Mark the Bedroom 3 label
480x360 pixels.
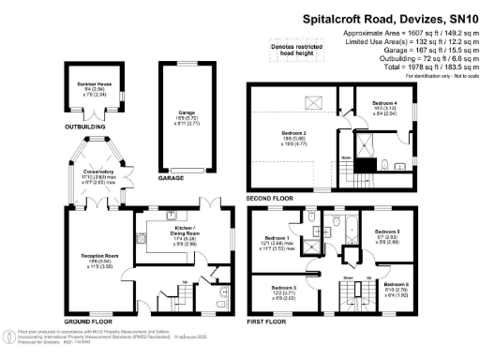[x=285, y=292]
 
